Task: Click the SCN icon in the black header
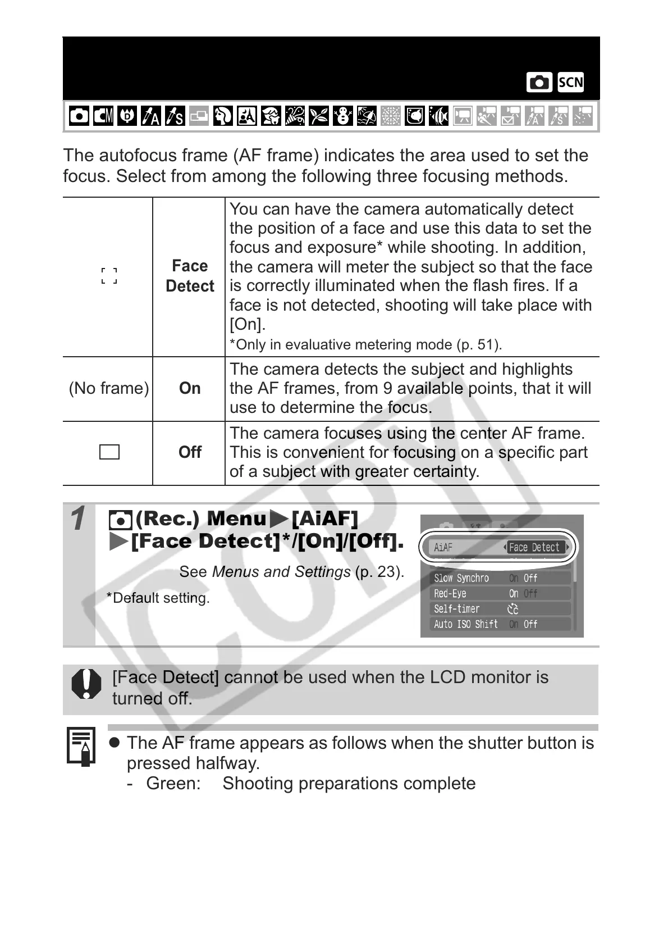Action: (x=570, y=83)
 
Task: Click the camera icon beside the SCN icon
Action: (x=539, y=83)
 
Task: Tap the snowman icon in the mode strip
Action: (x=342, y=116)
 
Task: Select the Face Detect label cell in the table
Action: (x=190, y=276)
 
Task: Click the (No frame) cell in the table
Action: (x=108, y=388)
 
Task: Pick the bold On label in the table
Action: (x=190, y=388)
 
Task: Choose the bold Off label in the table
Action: (x=190, y=452)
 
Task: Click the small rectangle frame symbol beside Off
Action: (x=109, y=452)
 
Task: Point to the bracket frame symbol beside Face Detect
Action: (x=109, y=275)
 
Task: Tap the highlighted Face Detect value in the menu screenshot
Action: (x=534, y=547)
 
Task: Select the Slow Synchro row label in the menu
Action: (x=461, y=578)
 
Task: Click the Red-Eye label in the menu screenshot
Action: (x=450, y=593)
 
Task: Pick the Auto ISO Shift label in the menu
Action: (x=465, y=624)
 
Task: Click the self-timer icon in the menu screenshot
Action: (x=513, y=609)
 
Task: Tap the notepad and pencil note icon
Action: (x=81, y=746)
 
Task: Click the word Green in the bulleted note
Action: (x=173, y=783)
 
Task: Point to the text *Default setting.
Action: (x=158, y=598)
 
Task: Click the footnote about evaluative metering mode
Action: (x=365, y=344)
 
